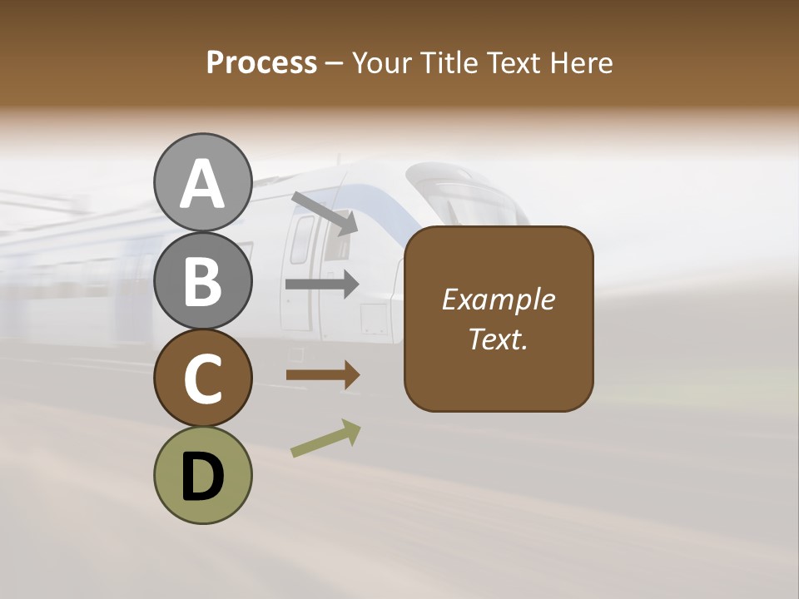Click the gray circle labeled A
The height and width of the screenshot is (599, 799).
point(202,182)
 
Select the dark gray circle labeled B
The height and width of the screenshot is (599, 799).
point(202,280)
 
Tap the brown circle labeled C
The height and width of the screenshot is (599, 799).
point(202,378)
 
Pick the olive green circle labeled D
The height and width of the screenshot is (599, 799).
point(202,475)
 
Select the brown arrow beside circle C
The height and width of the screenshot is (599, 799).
point(322,375)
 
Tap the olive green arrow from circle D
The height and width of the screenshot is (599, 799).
point(325,438)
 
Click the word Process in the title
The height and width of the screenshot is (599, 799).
point(261,63)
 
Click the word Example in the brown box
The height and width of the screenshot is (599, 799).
point(498,299)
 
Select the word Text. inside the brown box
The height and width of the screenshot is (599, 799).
point(498,339)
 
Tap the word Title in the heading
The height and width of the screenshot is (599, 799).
point(450,63)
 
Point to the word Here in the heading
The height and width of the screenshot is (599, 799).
point(583,63)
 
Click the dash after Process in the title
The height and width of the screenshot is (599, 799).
point(334,64)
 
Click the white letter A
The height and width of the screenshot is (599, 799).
point(202,183)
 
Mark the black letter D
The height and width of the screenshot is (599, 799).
point(202,477)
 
